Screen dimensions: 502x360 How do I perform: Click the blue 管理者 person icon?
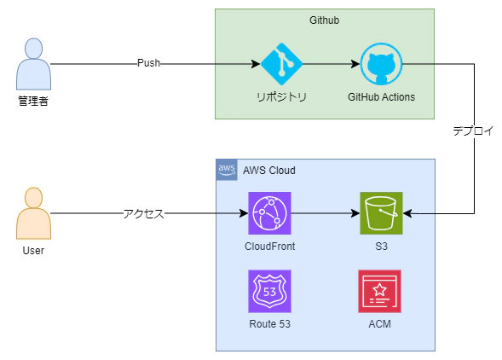(x=33, y=64)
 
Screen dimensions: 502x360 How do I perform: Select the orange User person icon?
(x=33, y=213)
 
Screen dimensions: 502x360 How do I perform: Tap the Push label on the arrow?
(x=148, y=63)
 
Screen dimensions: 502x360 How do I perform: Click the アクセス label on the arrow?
(x=144, y=213)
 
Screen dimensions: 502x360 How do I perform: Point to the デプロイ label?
(x=473, y=131)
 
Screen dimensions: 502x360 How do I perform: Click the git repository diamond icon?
(x=281, y=64)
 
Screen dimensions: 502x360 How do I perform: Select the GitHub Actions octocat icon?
(x=381, y=64)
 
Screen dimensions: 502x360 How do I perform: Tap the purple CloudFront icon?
(x=269, y=213)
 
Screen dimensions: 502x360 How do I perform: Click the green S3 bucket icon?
(x=381, y=213)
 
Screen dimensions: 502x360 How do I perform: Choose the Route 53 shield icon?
(x=269, y=291)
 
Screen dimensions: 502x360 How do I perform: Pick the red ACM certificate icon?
(x=380, y=291)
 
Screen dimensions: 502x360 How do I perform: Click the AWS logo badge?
(x=227, y=170)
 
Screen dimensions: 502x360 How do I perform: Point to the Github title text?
(x=325, y=20)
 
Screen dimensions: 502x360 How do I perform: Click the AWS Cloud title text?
(x=269, y=171)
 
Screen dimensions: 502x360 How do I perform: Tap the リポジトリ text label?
(x=282, y=96)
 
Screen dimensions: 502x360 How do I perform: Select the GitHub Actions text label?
(x=381, y=96)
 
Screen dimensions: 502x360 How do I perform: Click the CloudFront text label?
(x=270, y=247)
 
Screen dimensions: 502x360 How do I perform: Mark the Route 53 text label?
(x=270, y=324)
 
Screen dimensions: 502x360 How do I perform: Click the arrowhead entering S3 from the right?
(x=407, y=213)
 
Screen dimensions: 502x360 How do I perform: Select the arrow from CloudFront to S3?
(x=326, y=213)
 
